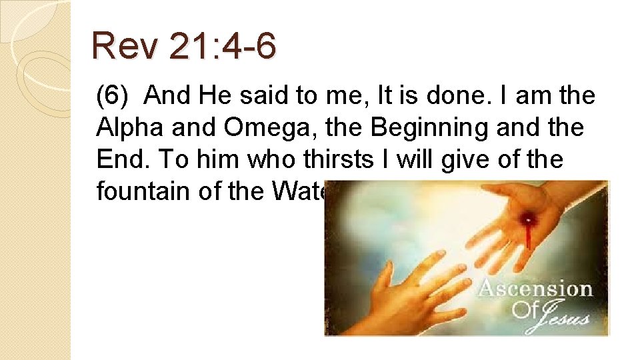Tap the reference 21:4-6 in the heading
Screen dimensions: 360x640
[x=223, y=47]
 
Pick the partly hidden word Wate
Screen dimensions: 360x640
[x=297, y=192]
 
